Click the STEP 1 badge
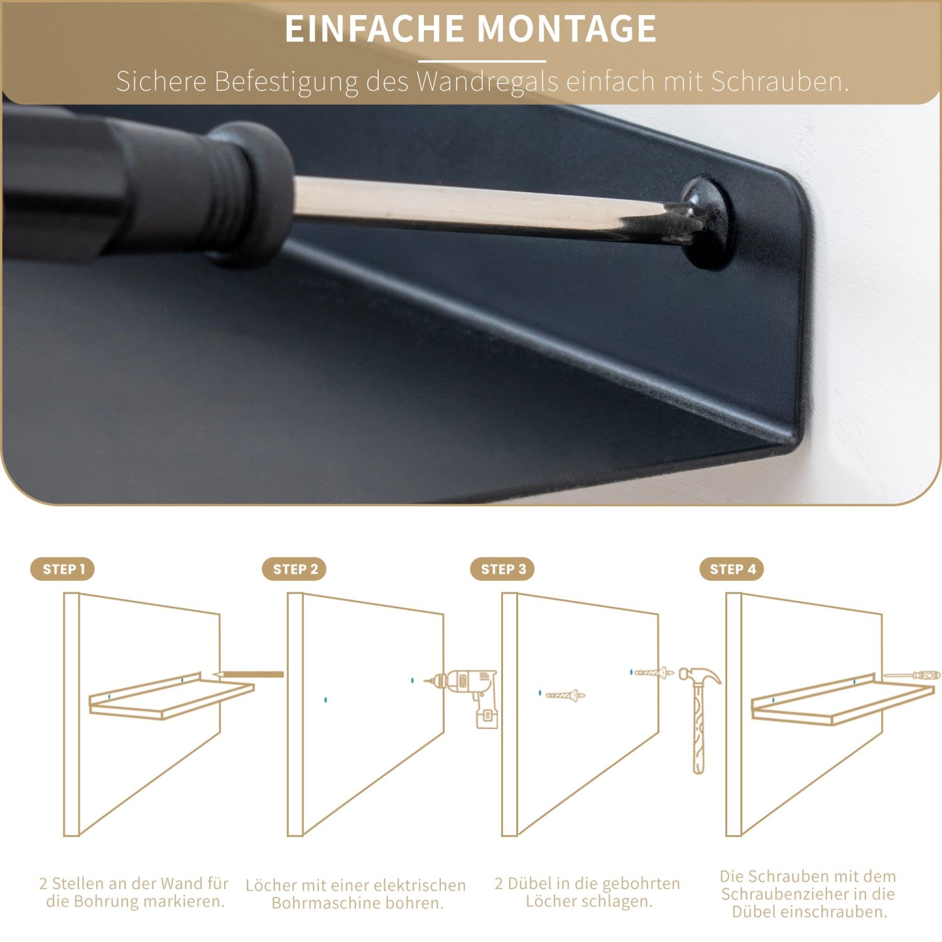(x=62, y=569)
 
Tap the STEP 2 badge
(x=295, y=569)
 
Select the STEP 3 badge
(x=502, y=569)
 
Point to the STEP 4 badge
(x=732, y=569)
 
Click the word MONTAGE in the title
(x=566, y=29)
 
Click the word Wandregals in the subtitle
(x=487, y=82)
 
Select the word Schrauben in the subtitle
(x=779, y=82)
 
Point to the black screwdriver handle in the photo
(x=126, y=188)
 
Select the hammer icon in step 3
(x=699, y=716)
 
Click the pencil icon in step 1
(x=249, y=674)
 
